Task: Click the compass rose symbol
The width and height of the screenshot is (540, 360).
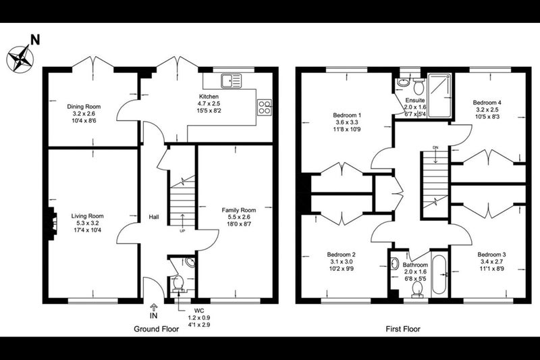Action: click(20, 58)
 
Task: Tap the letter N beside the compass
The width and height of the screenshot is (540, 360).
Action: click(35, 40)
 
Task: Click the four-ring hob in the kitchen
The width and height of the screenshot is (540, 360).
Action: click(265, 107)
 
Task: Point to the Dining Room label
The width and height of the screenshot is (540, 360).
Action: click(84, 107)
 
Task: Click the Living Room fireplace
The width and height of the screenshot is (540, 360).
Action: click(51, 224)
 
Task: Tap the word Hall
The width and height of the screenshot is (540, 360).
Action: click(154, 217)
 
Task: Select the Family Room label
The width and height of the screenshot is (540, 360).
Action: click(239, 210)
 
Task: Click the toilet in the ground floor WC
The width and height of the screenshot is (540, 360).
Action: click(178, 284)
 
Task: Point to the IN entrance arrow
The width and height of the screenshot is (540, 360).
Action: click(154, 307)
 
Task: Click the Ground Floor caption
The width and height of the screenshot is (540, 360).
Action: click(157, 329)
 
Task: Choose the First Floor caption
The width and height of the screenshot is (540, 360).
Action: click(403, 329)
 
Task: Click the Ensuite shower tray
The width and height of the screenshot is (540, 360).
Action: click(439, 95)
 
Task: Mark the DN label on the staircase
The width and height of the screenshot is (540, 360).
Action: click(435, 148)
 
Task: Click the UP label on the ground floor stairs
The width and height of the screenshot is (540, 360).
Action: click(182, 231)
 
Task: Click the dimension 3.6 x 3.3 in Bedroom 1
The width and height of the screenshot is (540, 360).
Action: click(347, 122)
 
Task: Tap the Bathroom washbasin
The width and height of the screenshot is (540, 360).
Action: click(395, 264)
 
